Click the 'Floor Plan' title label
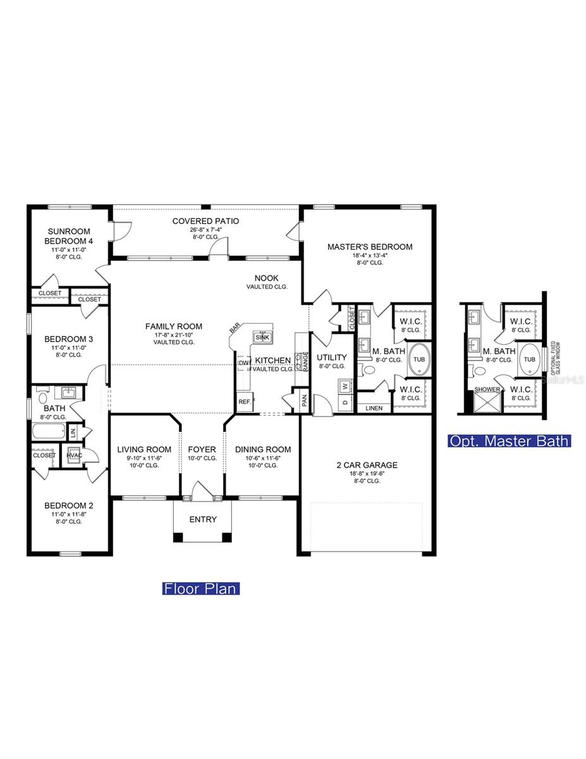pyautogui.click(x=200, y=588)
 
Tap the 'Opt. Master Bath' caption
pyautogui.click(x=509, y=441)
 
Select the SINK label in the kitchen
pyautogui.click(x=262, y=338)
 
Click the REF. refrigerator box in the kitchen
pyautogui.click(x=244, y=402)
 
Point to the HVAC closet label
pyautogui.click(x=75, y=454)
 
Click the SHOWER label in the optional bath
pyautogui.click(x=487, y=390)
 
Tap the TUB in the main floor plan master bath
pyautogui.click(x=418, y=359)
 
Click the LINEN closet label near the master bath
pyautogui.click(x=374, y=408)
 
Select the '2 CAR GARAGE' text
pyautogui.click(x=367, y=465)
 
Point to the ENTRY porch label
pyautogui.click(x=203, y=519)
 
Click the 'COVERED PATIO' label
pyautogui.click(x=205, y=221)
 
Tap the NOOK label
pyautogui.click(x=266, y=278)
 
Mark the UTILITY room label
pyautogui.click(x=332, y=357)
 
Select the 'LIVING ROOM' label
pyautogui.click(x=144, y=449)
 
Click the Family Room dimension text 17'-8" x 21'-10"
pyautogui.click(x=174, y=334)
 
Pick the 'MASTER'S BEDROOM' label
pyautogui.click(x=370, y=247)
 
